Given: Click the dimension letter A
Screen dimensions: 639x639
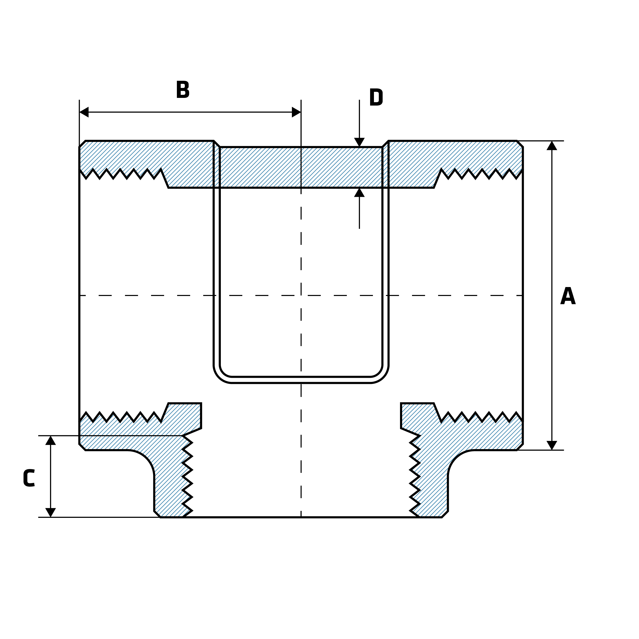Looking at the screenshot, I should [x=568, y=296].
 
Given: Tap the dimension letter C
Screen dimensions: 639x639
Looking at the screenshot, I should [x=29, y=478].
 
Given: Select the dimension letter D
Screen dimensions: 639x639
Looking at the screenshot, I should [x=376, y=97].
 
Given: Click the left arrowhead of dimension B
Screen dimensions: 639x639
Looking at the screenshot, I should [x=84, y=112].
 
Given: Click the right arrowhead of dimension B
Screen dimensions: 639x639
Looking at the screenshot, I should [x=296, y=112].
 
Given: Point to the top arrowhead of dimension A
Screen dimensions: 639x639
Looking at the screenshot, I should [x=552, y=145].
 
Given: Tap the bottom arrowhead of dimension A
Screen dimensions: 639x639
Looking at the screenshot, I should [x=552, y=445].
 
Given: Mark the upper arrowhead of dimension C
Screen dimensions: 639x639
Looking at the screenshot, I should [x=50, y=441].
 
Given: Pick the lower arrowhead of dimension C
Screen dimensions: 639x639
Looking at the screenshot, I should [x=50, y=512].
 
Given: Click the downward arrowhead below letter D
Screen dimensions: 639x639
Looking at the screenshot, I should [x=359, y=142].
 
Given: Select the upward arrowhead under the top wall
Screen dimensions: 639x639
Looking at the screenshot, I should [x=359, y=192].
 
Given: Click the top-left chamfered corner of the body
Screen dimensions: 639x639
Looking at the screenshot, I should [x=82, y=144].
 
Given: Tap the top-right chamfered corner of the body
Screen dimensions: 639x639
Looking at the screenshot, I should [x=520, y=144].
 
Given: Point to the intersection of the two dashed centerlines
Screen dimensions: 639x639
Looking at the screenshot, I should [x=301, y=295].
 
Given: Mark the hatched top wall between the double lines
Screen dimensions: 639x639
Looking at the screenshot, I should [x=301, y=167].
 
